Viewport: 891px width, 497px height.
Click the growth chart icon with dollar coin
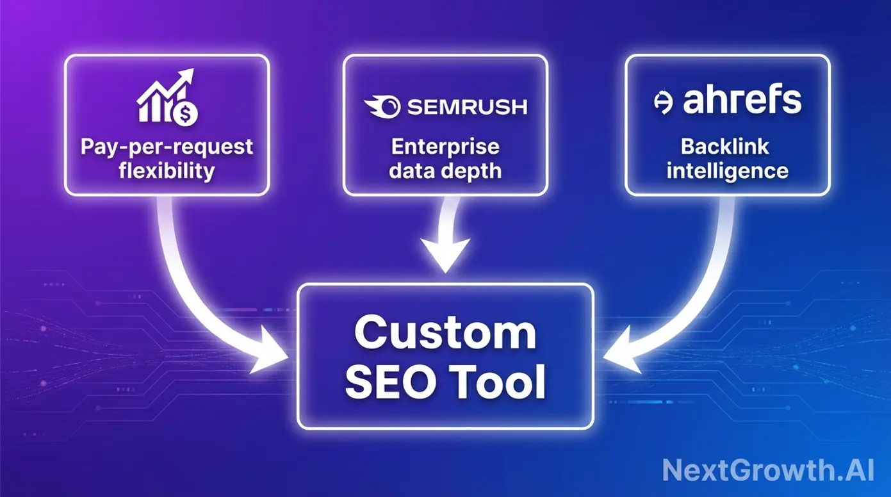167,97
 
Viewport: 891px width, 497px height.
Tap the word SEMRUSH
467,106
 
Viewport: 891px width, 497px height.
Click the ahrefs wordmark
742,101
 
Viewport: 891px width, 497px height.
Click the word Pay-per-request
167,147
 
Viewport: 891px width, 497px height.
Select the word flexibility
167,171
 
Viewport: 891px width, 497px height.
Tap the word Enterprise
445,147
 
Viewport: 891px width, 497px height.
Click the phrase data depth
445,171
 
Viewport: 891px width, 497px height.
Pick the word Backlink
725,147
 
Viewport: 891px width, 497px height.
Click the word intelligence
727,171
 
